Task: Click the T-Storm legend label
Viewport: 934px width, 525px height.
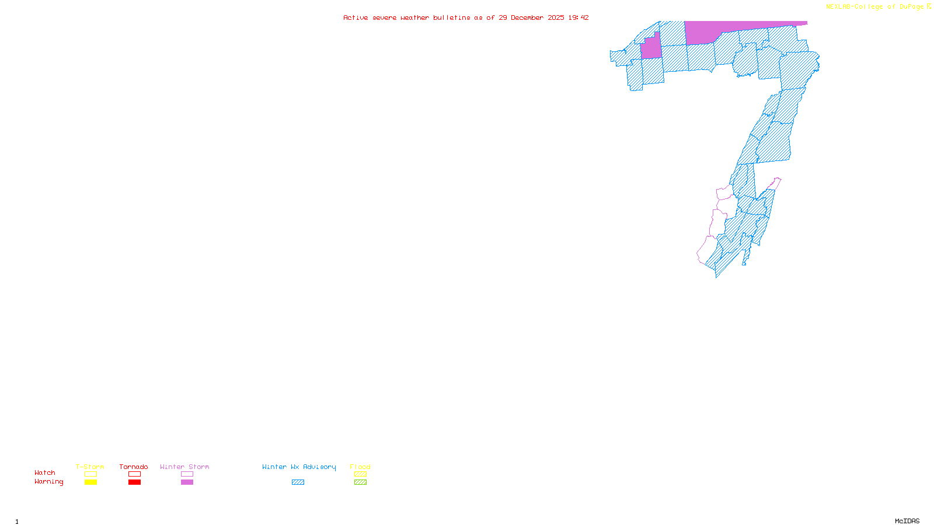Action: [x=90, y=467]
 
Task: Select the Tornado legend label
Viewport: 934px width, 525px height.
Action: [x=134, y=467]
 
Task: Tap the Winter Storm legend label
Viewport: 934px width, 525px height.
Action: [x=184, y=467]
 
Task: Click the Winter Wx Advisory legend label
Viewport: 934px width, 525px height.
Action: [x=299, y=467]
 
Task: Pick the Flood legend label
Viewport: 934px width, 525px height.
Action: [x=360, y=467]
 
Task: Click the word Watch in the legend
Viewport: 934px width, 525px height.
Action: [x=45, y=473]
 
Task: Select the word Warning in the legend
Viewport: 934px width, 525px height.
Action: [x=49, y=482]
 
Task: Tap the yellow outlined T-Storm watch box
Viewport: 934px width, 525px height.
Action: [x=90, y=474]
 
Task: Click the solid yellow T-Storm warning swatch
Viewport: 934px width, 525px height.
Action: [x=90, y=482]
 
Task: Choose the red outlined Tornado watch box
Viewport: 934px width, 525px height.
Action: [x=134, y=474]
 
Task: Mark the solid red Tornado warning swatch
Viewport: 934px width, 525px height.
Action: [x=134, y=482]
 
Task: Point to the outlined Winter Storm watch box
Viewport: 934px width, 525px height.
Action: [x=187, y=474]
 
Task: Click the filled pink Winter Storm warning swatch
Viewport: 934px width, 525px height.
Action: [x=187, y=482]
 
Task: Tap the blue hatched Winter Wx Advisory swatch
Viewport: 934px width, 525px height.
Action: [x=298, y=482]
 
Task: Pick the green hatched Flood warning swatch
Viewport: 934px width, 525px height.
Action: [x=360, y=482]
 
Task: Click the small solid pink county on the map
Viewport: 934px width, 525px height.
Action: [x=651, y=48]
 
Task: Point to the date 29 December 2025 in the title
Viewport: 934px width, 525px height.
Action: [x=531, y=17]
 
